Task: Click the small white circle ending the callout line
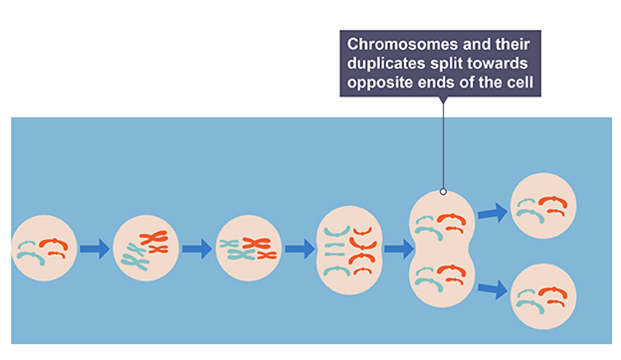pyautogui.click(x=443, y=191)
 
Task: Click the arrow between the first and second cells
pyautogui.click(x=95, y=248)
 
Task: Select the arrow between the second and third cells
pyautogui.click(x=197, y=248)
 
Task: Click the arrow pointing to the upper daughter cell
pyautogui.click(x=492, y=212)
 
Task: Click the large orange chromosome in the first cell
pyautogui.click(x=52, y=242)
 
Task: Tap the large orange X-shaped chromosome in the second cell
pyautogui.click(x=153, y=238)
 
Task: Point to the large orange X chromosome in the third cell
pyautogui.click(x=256, y=242)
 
